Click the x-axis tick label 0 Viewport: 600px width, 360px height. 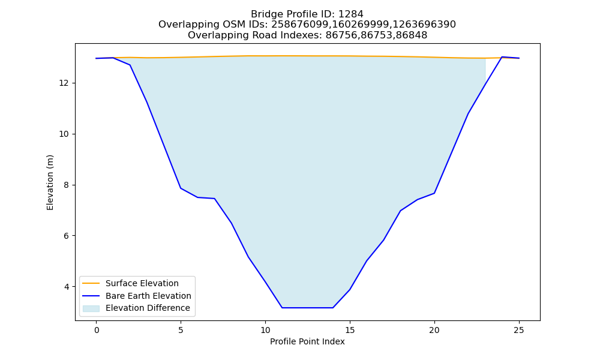97,330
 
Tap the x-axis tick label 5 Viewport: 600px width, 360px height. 181,330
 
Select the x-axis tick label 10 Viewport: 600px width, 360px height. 265,330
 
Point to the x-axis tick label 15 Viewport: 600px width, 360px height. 350,330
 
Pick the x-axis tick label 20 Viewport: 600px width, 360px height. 434,330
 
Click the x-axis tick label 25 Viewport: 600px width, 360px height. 519,330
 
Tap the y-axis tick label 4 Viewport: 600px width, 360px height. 67,287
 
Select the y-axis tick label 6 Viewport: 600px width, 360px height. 67,236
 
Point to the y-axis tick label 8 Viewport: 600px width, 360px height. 67,185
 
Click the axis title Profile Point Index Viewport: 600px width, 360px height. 307,341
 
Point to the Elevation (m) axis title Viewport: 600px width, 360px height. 50,182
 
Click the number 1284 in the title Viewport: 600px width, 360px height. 351,14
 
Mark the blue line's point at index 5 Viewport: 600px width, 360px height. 181,188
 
